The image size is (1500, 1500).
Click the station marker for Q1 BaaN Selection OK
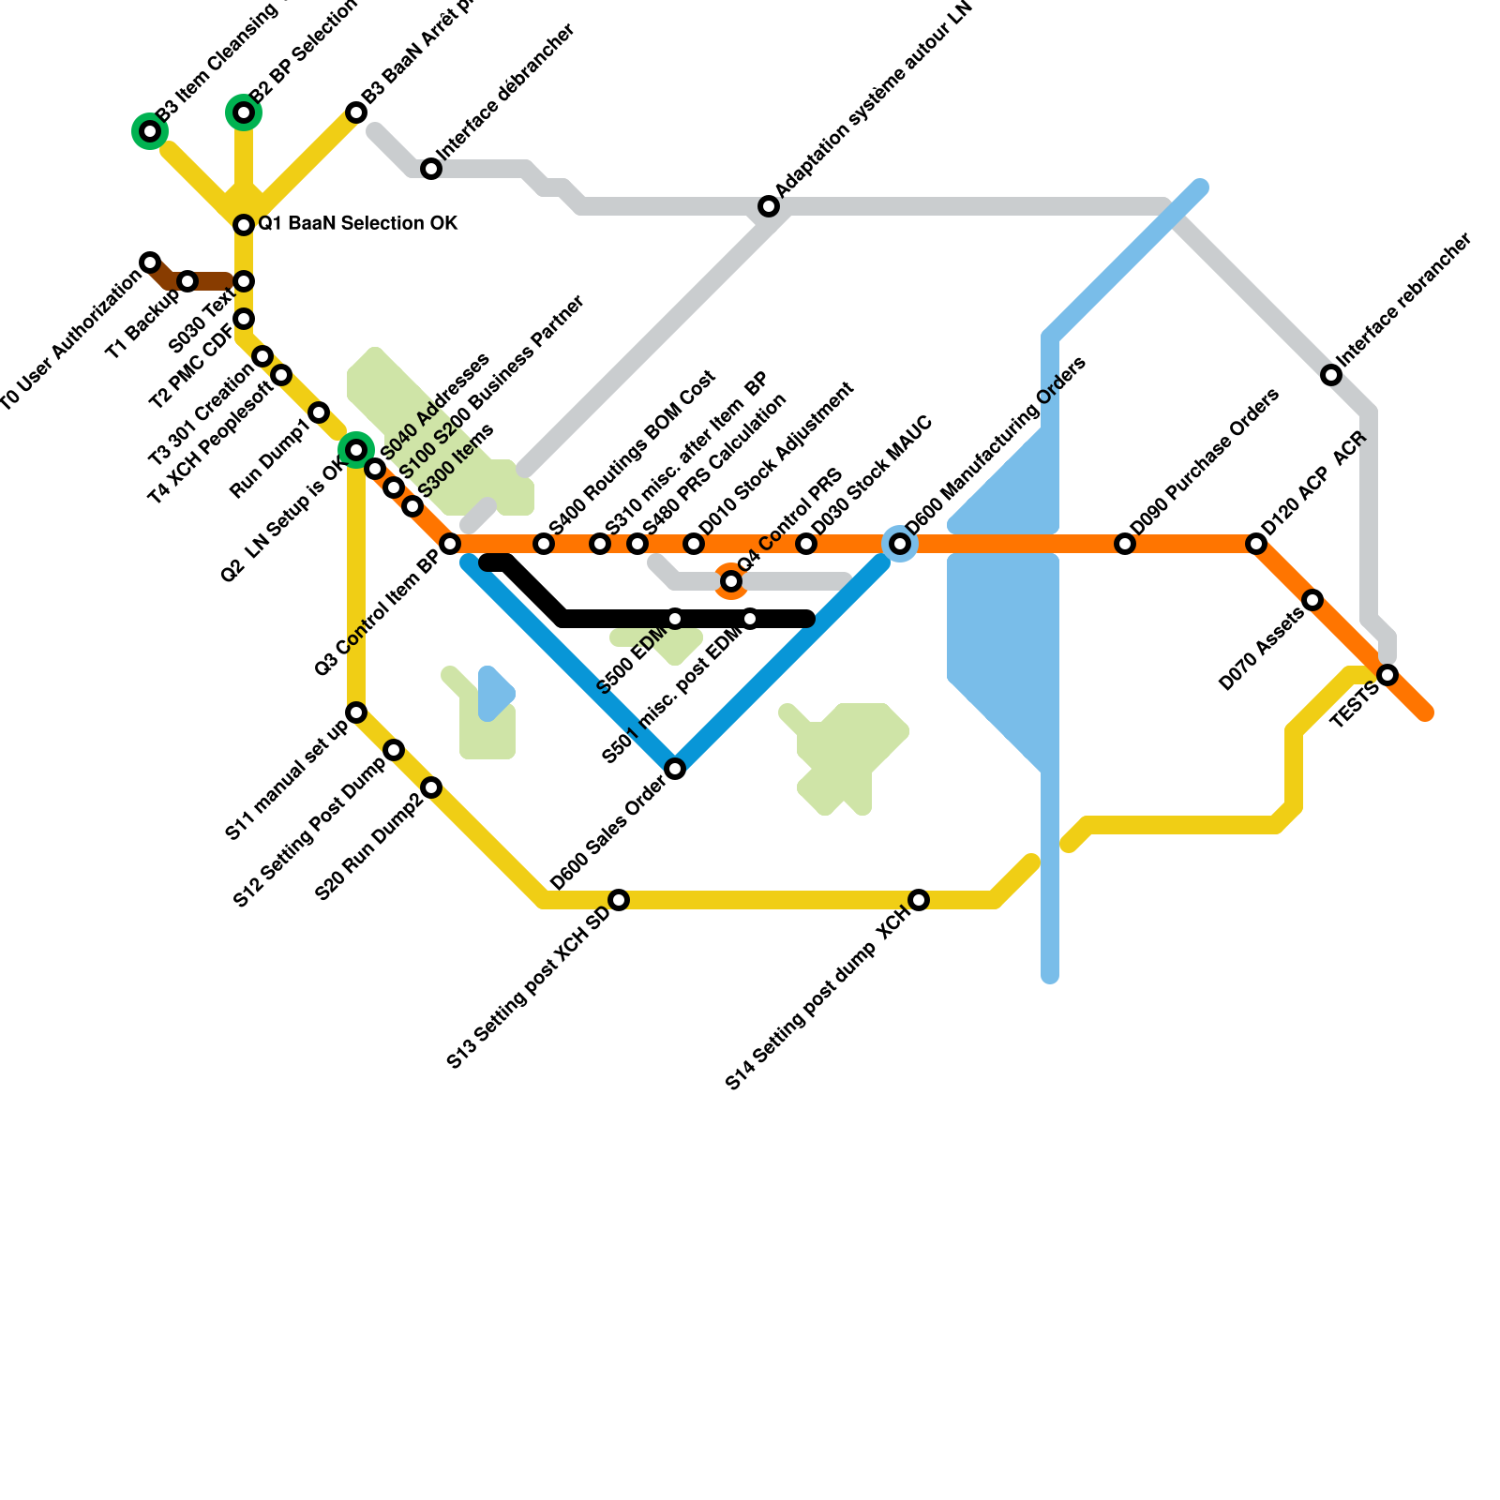pos(244,225)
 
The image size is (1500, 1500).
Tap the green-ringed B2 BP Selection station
pos(244,112)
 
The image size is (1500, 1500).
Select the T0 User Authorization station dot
pos(150,262)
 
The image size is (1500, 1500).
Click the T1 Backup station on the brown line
pos(187,281)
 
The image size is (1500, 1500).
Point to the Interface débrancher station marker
pos(431,169)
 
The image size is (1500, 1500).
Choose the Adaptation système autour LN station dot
pos(769,206)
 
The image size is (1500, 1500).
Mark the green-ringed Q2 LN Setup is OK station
pos(356,450)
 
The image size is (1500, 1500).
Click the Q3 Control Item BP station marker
pos(450,544)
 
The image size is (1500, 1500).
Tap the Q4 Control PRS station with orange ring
pos(731,581)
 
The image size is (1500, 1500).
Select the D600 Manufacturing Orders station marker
pos(900,544)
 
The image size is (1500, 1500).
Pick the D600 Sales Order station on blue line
pos(675,769)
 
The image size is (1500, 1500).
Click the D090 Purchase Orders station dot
pos(1125,544)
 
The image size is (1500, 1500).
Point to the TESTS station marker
pos(1387,675)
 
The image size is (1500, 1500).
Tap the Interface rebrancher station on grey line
pos(1331,375)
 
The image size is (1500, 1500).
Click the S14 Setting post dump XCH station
pos(919,900)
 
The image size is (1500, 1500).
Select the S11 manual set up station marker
pos(356,712)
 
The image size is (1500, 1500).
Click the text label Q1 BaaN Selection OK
pos(358,224)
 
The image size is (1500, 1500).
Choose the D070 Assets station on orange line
pos(1312,600)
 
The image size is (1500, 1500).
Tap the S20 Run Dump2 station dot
pos(431,787)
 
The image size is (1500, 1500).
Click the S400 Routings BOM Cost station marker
pos(544,544)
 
